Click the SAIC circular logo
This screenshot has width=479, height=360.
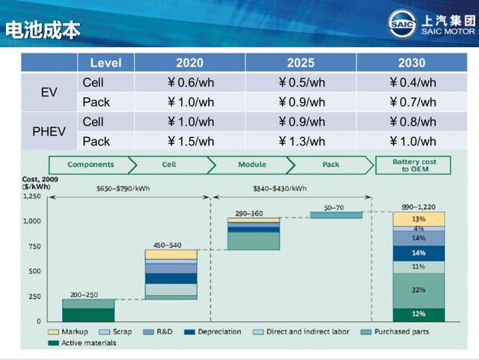coord(402,24)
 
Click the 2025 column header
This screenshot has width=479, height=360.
coord(301,63)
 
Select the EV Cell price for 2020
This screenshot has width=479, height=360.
coord(191,82)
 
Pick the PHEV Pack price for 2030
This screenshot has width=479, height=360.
coord(412,141)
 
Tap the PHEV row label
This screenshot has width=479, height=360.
coord(49,132)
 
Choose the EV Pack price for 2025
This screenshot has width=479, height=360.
coord(302,102)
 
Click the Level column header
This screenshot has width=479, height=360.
coord(106,63)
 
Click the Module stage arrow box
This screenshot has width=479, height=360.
coord(251,165)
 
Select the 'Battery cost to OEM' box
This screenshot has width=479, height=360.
coord(413,165)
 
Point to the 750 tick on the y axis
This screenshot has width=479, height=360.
coord(35,246)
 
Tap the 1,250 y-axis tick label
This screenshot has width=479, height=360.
coord(32,196)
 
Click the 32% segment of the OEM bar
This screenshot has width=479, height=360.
coord(418,290)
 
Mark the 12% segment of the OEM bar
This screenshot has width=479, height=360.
coord(418,315)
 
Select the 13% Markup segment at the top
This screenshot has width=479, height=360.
coord(418,219)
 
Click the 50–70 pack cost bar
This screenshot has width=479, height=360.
coord(336,215)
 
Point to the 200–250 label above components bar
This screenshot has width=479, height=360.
coord(84,295)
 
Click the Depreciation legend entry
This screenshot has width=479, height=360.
coord(213,332)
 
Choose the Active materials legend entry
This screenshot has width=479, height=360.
coord(82,343)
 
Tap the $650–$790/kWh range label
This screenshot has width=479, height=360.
coord(123,189)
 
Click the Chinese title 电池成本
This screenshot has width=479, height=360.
coord(43,30)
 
